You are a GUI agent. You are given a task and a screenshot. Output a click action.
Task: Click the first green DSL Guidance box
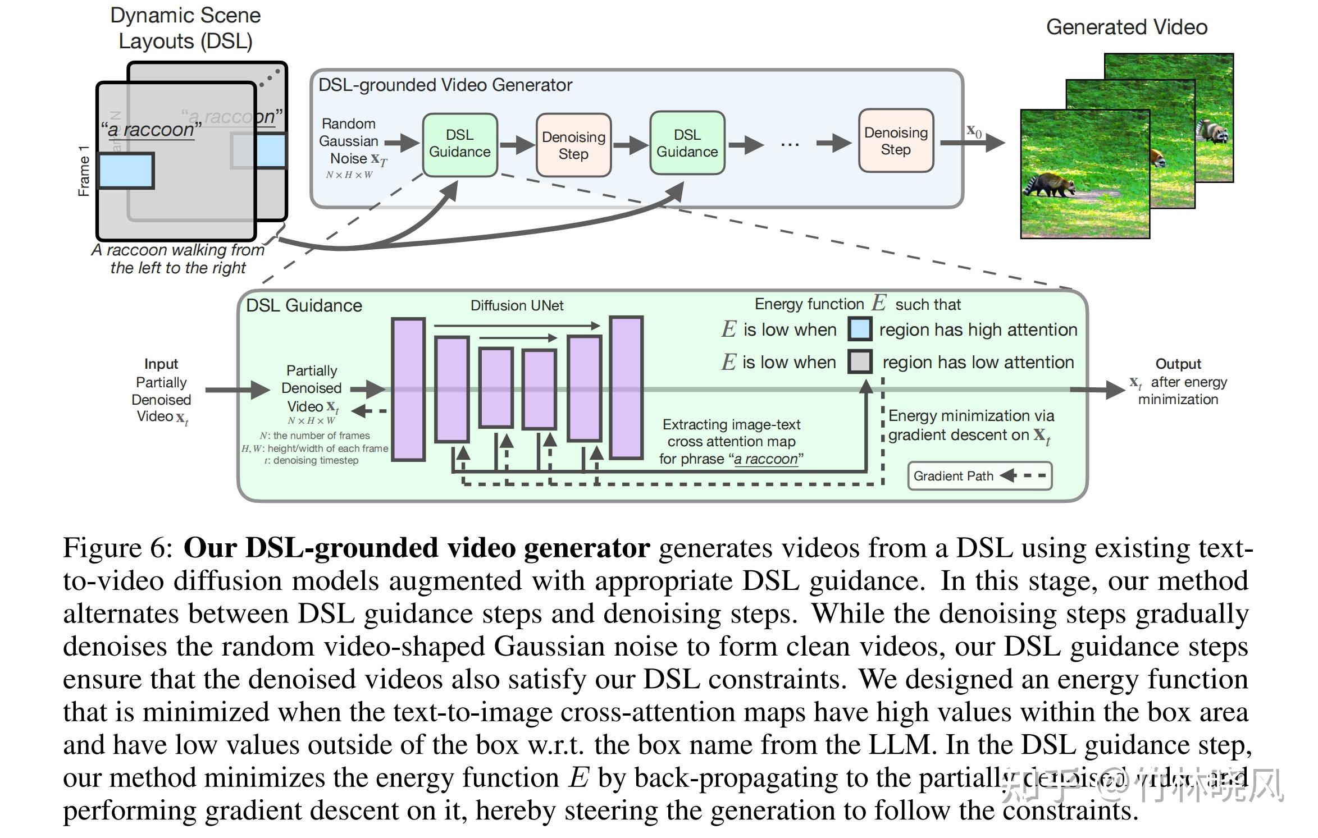(460, 144)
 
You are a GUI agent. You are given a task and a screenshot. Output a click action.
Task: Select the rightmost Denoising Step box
(896, 141)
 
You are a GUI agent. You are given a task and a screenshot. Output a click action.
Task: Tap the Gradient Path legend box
(979, 476)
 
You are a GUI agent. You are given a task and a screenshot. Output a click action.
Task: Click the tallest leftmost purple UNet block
(408, 390)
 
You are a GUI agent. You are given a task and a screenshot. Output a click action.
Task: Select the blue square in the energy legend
(859, 329)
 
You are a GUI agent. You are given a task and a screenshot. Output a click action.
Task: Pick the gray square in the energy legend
(859, 362)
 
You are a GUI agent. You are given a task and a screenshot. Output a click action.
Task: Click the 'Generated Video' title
(1127, 27)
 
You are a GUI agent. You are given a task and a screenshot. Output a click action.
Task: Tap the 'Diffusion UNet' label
(517, 305)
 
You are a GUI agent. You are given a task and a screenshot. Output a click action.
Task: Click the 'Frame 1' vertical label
(84, 171)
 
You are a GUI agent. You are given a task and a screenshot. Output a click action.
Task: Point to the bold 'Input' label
(161, 364)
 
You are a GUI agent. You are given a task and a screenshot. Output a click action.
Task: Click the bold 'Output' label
(1178, 364)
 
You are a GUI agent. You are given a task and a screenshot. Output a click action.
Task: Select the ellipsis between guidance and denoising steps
(790, 145)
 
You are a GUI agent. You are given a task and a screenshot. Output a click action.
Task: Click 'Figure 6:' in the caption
(118, 547)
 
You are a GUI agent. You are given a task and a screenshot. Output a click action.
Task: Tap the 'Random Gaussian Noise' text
(349, 141)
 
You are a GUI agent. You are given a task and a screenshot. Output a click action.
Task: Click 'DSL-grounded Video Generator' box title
(445, 85)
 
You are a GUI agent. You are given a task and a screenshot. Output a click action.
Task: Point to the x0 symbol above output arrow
(974, 131)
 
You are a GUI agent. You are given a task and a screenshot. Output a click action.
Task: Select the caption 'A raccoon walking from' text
(177, 250)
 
